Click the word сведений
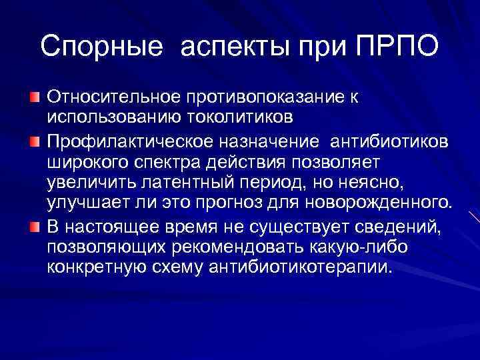391,227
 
